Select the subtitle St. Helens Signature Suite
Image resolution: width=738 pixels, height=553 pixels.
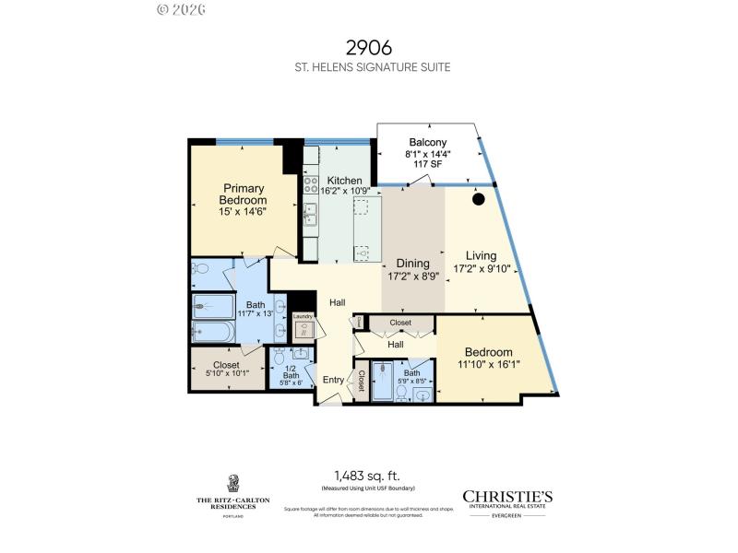[x=368, y=67]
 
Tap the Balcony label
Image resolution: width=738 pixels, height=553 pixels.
[x=428, y=142]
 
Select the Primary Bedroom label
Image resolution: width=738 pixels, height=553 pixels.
[x=244, y=194]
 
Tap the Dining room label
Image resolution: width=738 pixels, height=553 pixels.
[x=412, y=264]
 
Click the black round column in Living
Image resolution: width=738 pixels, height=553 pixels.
[x=479, y=198]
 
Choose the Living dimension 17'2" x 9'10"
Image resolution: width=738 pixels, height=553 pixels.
[x=488, y=269]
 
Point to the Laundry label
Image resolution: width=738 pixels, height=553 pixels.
[x=304, y=317]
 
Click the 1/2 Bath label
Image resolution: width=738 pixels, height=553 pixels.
[x=292, y=371]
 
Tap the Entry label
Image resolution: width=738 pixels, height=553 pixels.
[x=332, y=380]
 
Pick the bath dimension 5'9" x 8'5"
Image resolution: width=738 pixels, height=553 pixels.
[x=411, y=380]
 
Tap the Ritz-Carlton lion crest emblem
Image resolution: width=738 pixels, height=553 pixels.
[x=232, y=483]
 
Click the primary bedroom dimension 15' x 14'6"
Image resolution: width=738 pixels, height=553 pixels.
[x=244, y=212]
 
